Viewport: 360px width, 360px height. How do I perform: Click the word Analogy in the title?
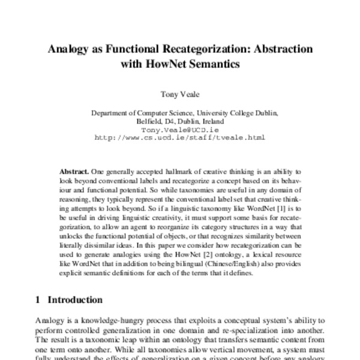coord(67,49)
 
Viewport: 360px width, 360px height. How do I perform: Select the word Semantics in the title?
coord(216,65)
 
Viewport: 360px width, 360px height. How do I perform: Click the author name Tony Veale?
coord(179,94)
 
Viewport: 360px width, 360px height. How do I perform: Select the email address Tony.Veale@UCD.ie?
coord(179,129)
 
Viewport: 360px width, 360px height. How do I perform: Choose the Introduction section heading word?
coord(75,300)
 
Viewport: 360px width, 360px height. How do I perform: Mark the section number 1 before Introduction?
coord(37,300)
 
